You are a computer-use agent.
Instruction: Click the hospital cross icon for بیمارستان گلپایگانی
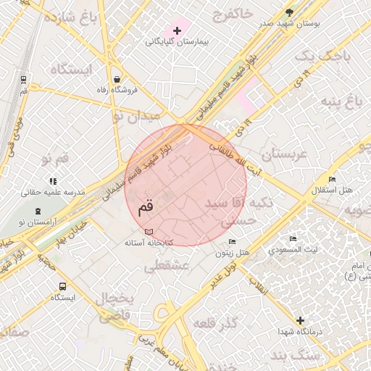(x=177, y=30)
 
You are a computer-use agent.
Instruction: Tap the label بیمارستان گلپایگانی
(x=177, y=42)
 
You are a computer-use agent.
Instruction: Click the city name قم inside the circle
(x=145, y=207)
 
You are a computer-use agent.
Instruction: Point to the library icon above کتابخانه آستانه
(x=149, y=230)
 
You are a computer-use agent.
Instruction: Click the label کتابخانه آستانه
(x=149, y=241)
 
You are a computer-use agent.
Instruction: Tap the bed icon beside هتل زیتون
(x=232, y=241)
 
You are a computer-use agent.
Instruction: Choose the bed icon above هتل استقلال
(x=332, y=179)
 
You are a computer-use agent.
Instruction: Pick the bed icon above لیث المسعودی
(x=293, y=238)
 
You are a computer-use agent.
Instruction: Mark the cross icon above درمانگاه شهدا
(x=300, y=320)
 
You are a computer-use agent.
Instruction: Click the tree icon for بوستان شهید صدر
(x=290, y=12)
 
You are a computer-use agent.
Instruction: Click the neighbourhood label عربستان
(x=285, y=155)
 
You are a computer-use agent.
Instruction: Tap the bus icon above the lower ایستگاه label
(x=62, y=286)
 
